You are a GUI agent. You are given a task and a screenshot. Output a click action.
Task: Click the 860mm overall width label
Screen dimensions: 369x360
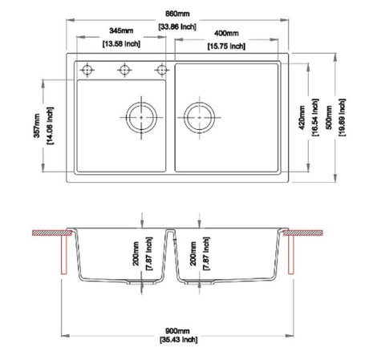tap(177, 14)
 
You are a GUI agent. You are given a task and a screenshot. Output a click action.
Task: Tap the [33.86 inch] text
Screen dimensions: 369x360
tap(177, 26)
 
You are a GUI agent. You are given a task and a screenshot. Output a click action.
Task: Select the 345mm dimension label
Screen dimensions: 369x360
tap(121, 30)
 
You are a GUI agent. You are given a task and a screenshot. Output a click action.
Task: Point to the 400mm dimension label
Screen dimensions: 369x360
tap(226, 34)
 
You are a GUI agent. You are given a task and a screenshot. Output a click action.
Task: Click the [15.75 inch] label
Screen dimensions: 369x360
tap(226, 47)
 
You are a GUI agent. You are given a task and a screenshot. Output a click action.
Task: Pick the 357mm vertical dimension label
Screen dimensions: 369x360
tap(37, 126)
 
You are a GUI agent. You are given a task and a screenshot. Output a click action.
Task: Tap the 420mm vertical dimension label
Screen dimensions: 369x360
tap(302, 118)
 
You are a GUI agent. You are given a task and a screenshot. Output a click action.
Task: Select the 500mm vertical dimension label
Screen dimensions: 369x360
tap(329, 118)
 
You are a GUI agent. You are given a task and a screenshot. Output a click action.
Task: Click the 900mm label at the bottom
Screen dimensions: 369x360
tap(177, 331)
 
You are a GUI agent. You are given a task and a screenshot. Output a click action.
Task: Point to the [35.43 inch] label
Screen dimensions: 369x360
tap(179, 340)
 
